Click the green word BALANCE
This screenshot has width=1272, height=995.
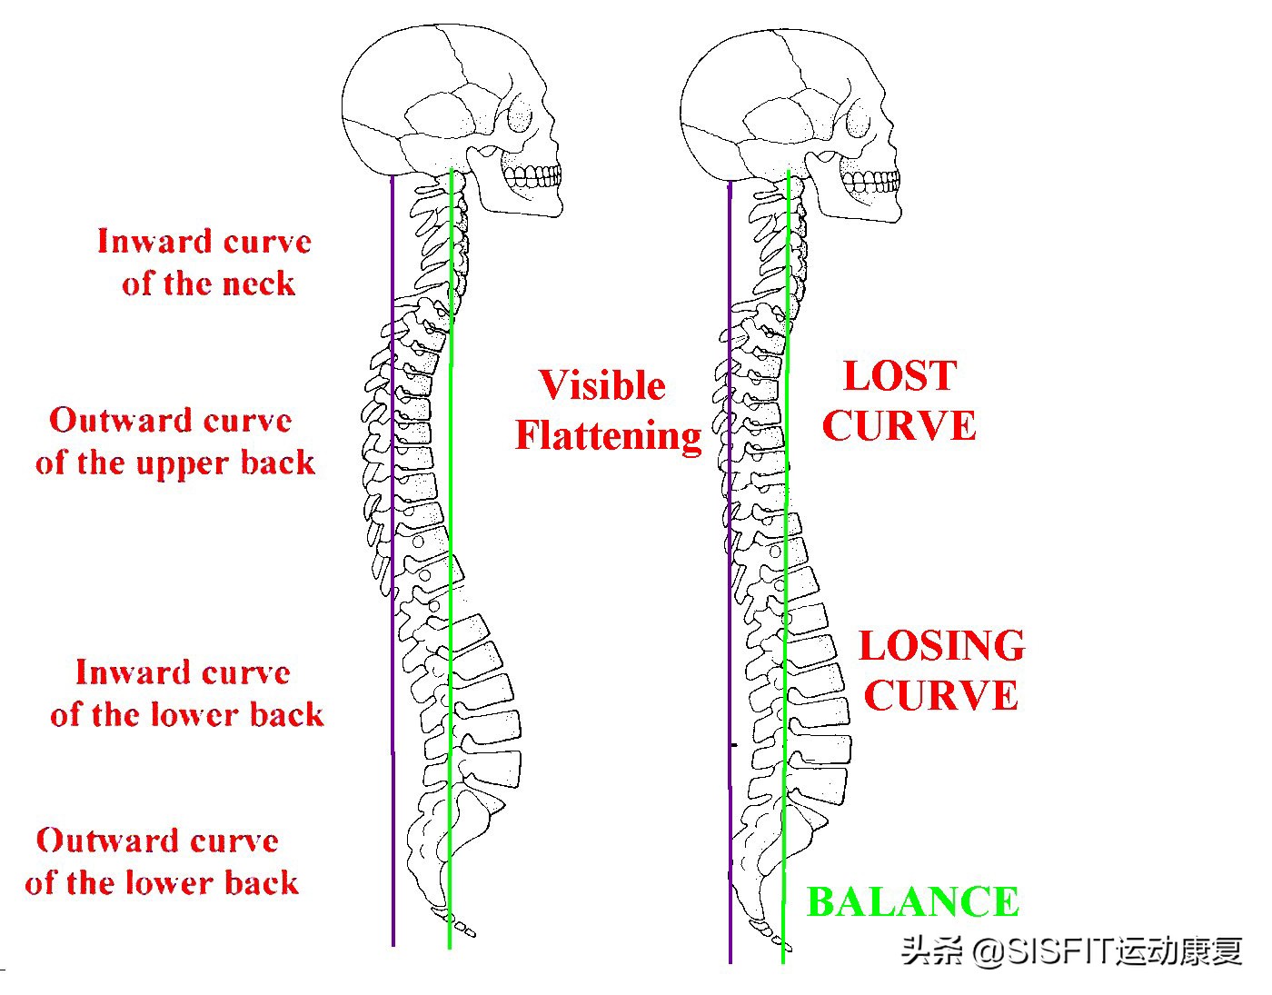coord(912,902)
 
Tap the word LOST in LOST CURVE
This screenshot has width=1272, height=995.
coord(899,376)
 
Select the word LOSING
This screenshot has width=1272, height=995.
coord(941,646)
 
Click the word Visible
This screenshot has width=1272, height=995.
coord(602,385)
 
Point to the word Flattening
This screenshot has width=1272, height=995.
coord(608,435)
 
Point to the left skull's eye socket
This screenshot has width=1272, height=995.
coord(522,118)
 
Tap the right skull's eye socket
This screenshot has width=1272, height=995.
coord(860,120)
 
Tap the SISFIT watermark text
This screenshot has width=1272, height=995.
coord(1072,951)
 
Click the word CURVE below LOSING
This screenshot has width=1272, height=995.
coord(941,696)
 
